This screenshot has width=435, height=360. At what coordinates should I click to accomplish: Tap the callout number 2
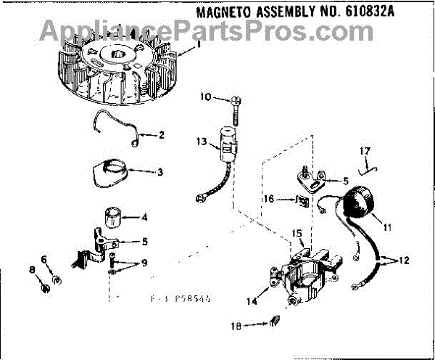point(161,135)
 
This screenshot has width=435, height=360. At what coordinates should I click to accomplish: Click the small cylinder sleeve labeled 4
point(116,216)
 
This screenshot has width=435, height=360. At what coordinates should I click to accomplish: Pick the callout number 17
point(366,151)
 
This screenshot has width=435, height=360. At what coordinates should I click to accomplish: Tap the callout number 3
point(160,172)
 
